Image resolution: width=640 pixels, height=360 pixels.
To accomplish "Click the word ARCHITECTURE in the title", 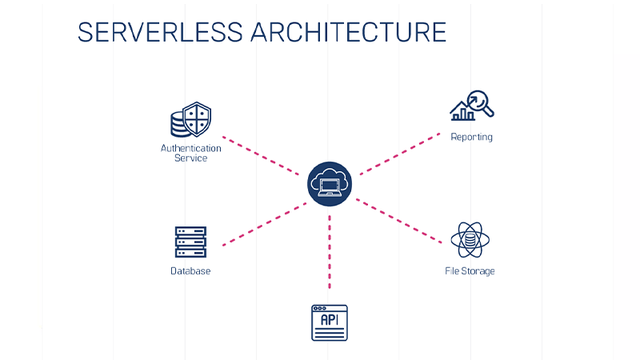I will click(348, 31).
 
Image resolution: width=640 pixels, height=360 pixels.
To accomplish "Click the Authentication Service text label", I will click(190, 153).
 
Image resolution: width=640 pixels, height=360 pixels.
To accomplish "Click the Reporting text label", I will click(471, 137).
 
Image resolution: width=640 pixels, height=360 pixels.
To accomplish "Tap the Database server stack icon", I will click(190, 242).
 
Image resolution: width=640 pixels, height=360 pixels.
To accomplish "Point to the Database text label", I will click(190, 271).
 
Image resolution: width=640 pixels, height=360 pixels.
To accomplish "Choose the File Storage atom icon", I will click(470, 239).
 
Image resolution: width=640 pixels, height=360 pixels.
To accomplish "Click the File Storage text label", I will click(470, 271).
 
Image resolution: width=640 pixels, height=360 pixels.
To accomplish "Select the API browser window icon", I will click(330, 322).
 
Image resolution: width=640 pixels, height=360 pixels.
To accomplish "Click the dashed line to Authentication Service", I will click(264, 154).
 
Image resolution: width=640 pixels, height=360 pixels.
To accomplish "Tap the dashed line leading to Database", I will click(264, 224).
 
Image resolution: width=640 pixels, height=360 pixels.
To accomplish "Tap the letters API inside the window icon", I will click(330, 321).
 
